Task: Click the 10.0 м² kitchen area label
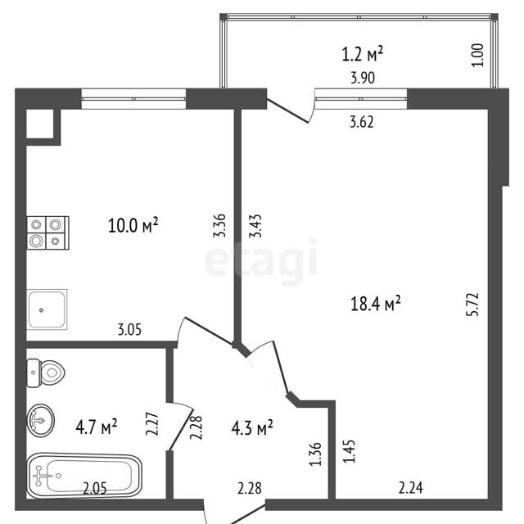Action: pos(133,225)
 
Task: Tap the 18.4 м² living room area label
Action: pos(375,304)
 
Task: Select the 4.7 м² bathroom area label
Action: pos(97,427)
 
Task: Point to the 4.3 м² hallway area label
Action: pos(252,427)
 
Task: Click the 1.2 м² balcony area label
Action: pos(362,54)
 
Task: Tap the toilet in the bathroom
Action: pos(46,373)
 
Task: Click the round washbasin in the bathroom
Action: pos(40,420)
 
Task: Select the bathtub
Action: pos(84,476)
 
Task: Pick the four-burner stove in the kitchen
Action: pos(48,233)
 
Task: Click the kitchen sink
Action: pos(47,309)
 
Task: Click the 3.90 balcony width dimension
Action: pos(363,78)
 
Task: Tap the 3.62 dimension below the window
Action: pos(362,122)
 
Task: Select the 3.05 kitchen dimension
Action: pos(129,329)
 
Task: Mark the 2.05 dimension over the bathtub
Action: pos(95,489)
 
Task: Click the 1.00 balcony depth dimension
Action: pos(478,56)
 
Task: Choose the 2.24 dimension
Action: pos(411,488)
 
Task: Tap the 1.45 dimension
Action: pos(349,451)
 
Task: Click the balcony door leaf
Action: pos(287,111)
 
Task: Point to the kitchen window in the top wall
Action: pos(133,99)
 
